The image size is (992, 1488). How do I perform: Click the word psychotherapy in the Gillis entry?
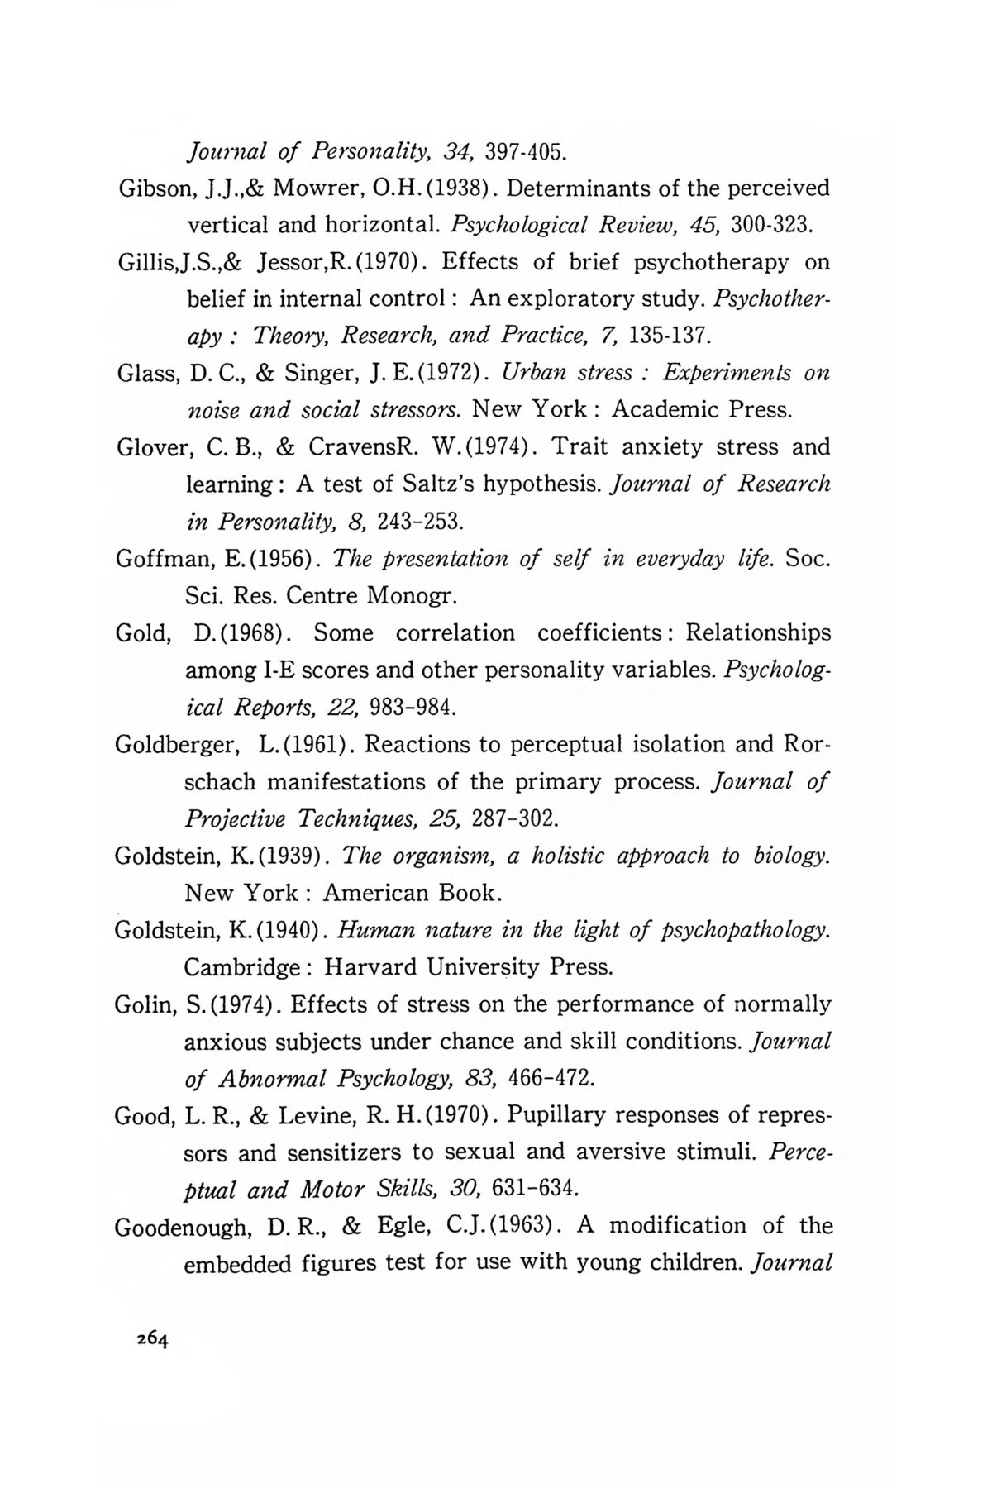click(x=708, y=263)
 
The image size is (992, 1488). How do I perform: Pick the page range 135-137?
click(x=669, y=336)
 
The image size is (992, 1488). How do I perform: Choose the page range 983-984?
click(x=412, y=708)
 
